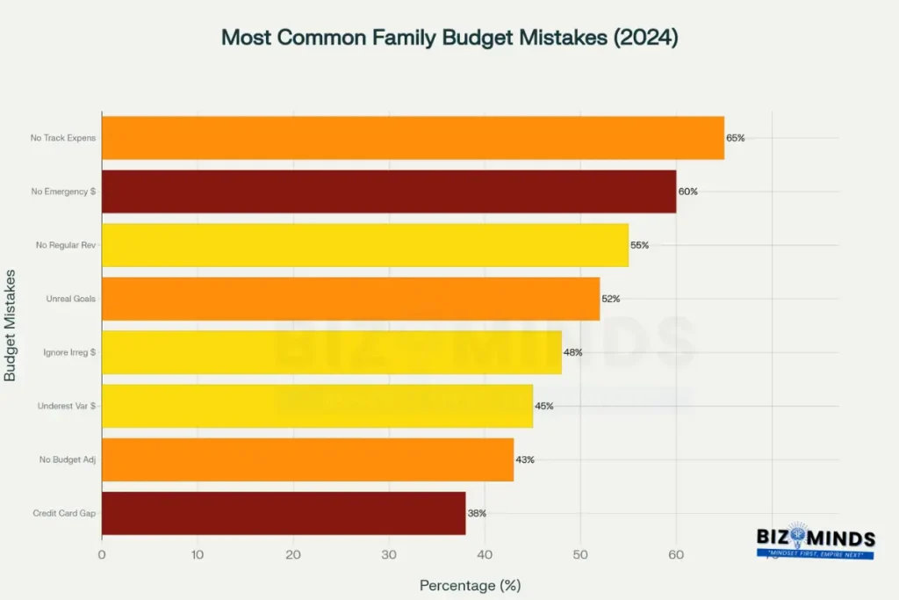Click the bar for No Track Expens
click(413, 138)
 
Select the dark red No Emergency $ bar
click(389, 192)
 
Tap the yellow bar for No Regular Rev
click(364, 245)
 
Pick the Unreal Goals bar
click(350, 299)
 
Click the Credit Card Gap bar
click(284, 513)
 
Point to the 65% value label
click(736, 138)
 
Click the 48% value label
click(572, 352)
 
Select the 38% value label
click(477, 513)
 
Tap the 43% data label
click(525, 459)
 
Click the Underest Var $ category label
click(67, 406)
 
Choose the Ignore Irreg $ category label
click(69, 352)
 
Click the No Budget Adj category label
click(68, 459)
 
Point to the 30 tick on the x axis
click(389, 554)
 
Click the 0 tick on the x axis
click(102, 554)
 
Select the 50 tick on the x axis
click(580, 554)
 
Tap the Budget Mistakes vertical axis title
click(11, 325)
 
